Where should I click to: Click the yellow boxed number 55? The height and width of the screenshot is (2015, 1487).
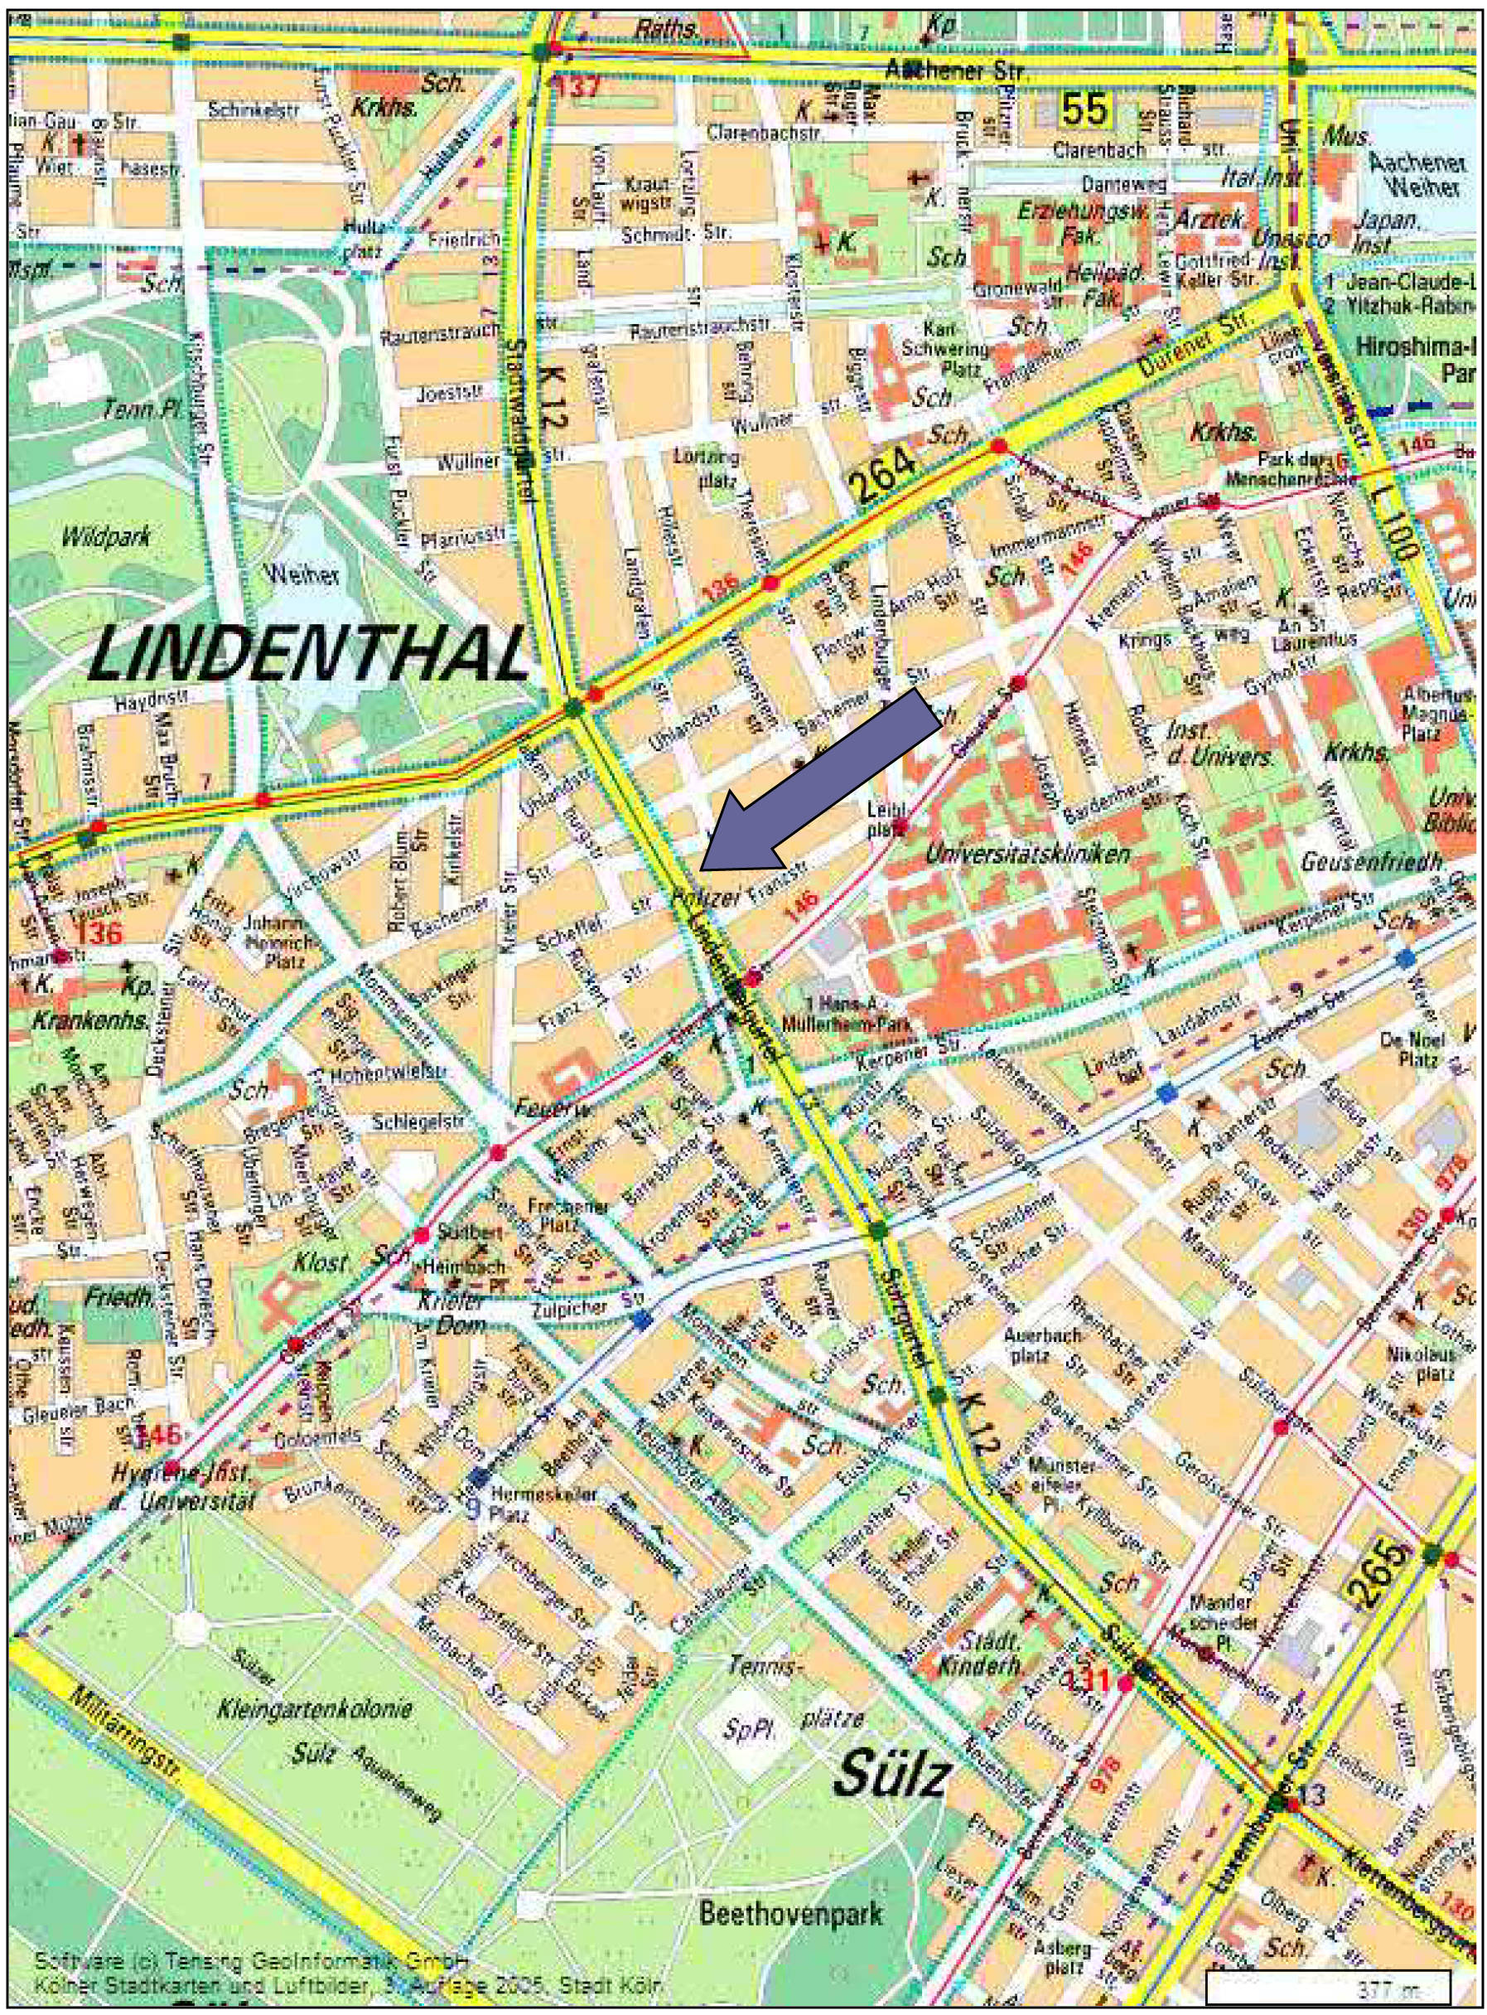pyautogui.click(x=1085, y=111)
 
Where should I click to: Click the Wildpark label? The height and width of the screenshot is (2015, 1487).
pyautogui.click(x=106, y=537)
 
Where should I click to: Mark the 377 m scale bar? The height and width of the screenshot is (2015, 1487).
pyautogui.click(x=1327, y=1987)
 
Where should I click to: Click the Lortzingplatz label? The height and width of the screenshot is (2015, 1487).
pyautogui.click(x=718, y=467)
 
